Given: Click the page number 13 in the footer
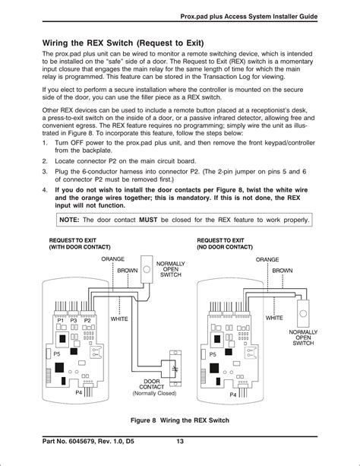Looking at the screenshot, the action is pyautogui.click(x=180, y=441).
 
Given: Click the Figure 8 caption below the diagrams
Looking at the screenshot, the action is pyautogui.click(x=180, y=420).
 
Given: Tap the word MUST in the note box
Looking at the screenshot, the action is pyautogui.click(x=148, y=220).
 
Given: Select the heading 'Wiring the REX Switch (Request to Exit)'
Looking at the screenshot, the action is pyautogui.click(x=123, y=43).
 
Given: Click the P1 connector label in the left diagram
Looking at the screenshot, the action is pyautogui.click(x=61, y=321).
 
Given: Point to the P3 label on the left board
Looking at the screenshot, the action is pyautogui.click(x=74, y=321).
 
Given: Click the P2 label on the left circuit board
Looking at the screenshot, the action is pyautogui.click(x=87, y=321).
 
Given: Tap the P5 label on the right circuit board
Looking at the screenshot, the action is pyautogui.click(x=213, y=354).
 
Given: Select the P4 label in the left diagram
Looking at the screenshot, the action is pyautogui.click(x=78, y=393).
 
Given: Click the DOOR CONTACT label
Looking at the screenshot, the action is pyautogui.click(x=152, y=384).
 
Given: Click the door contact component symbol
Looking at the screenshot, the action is pyautogui.click(x=175, y=369).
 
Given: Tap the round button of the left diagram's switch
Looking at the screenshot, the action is pyautogui.click(x=147, y=270).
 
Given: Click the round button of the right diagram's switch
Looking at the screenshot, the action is pyautogui.click(x=303, y=313).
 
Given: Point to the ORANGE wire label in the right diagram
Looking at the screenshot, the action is pyautogui.click(x=267, y=259).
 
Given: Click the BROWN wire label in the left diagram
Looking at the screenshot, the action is pyautogui.click(x=128, y=271).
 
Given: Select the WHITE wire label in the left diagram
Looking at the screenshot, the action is pyautogui.click(x=119, y=319).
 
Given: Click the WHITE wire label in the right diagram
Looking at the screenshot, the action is pyautogui.click(x=274, y=318).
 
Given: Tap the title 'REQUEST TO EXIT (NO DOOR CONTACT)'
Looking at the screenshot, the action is pyautogui.click(x=225, y=244).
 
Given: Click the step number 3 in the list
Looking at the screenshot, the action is pyautogui.click(x=45, y=172).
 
